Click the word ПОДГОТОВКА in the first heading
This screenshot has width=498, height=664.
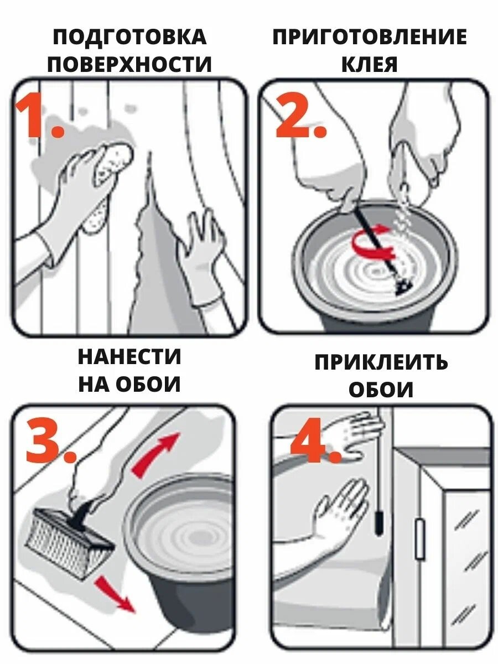click(130, 37)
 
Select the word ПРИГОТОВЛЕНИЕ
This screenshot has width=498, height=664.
click(370, 37)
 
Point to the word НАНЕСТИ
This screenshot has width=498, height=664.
click(129, 357)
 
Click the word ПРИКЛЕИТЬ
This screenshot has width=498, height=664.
click(381, 362)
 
